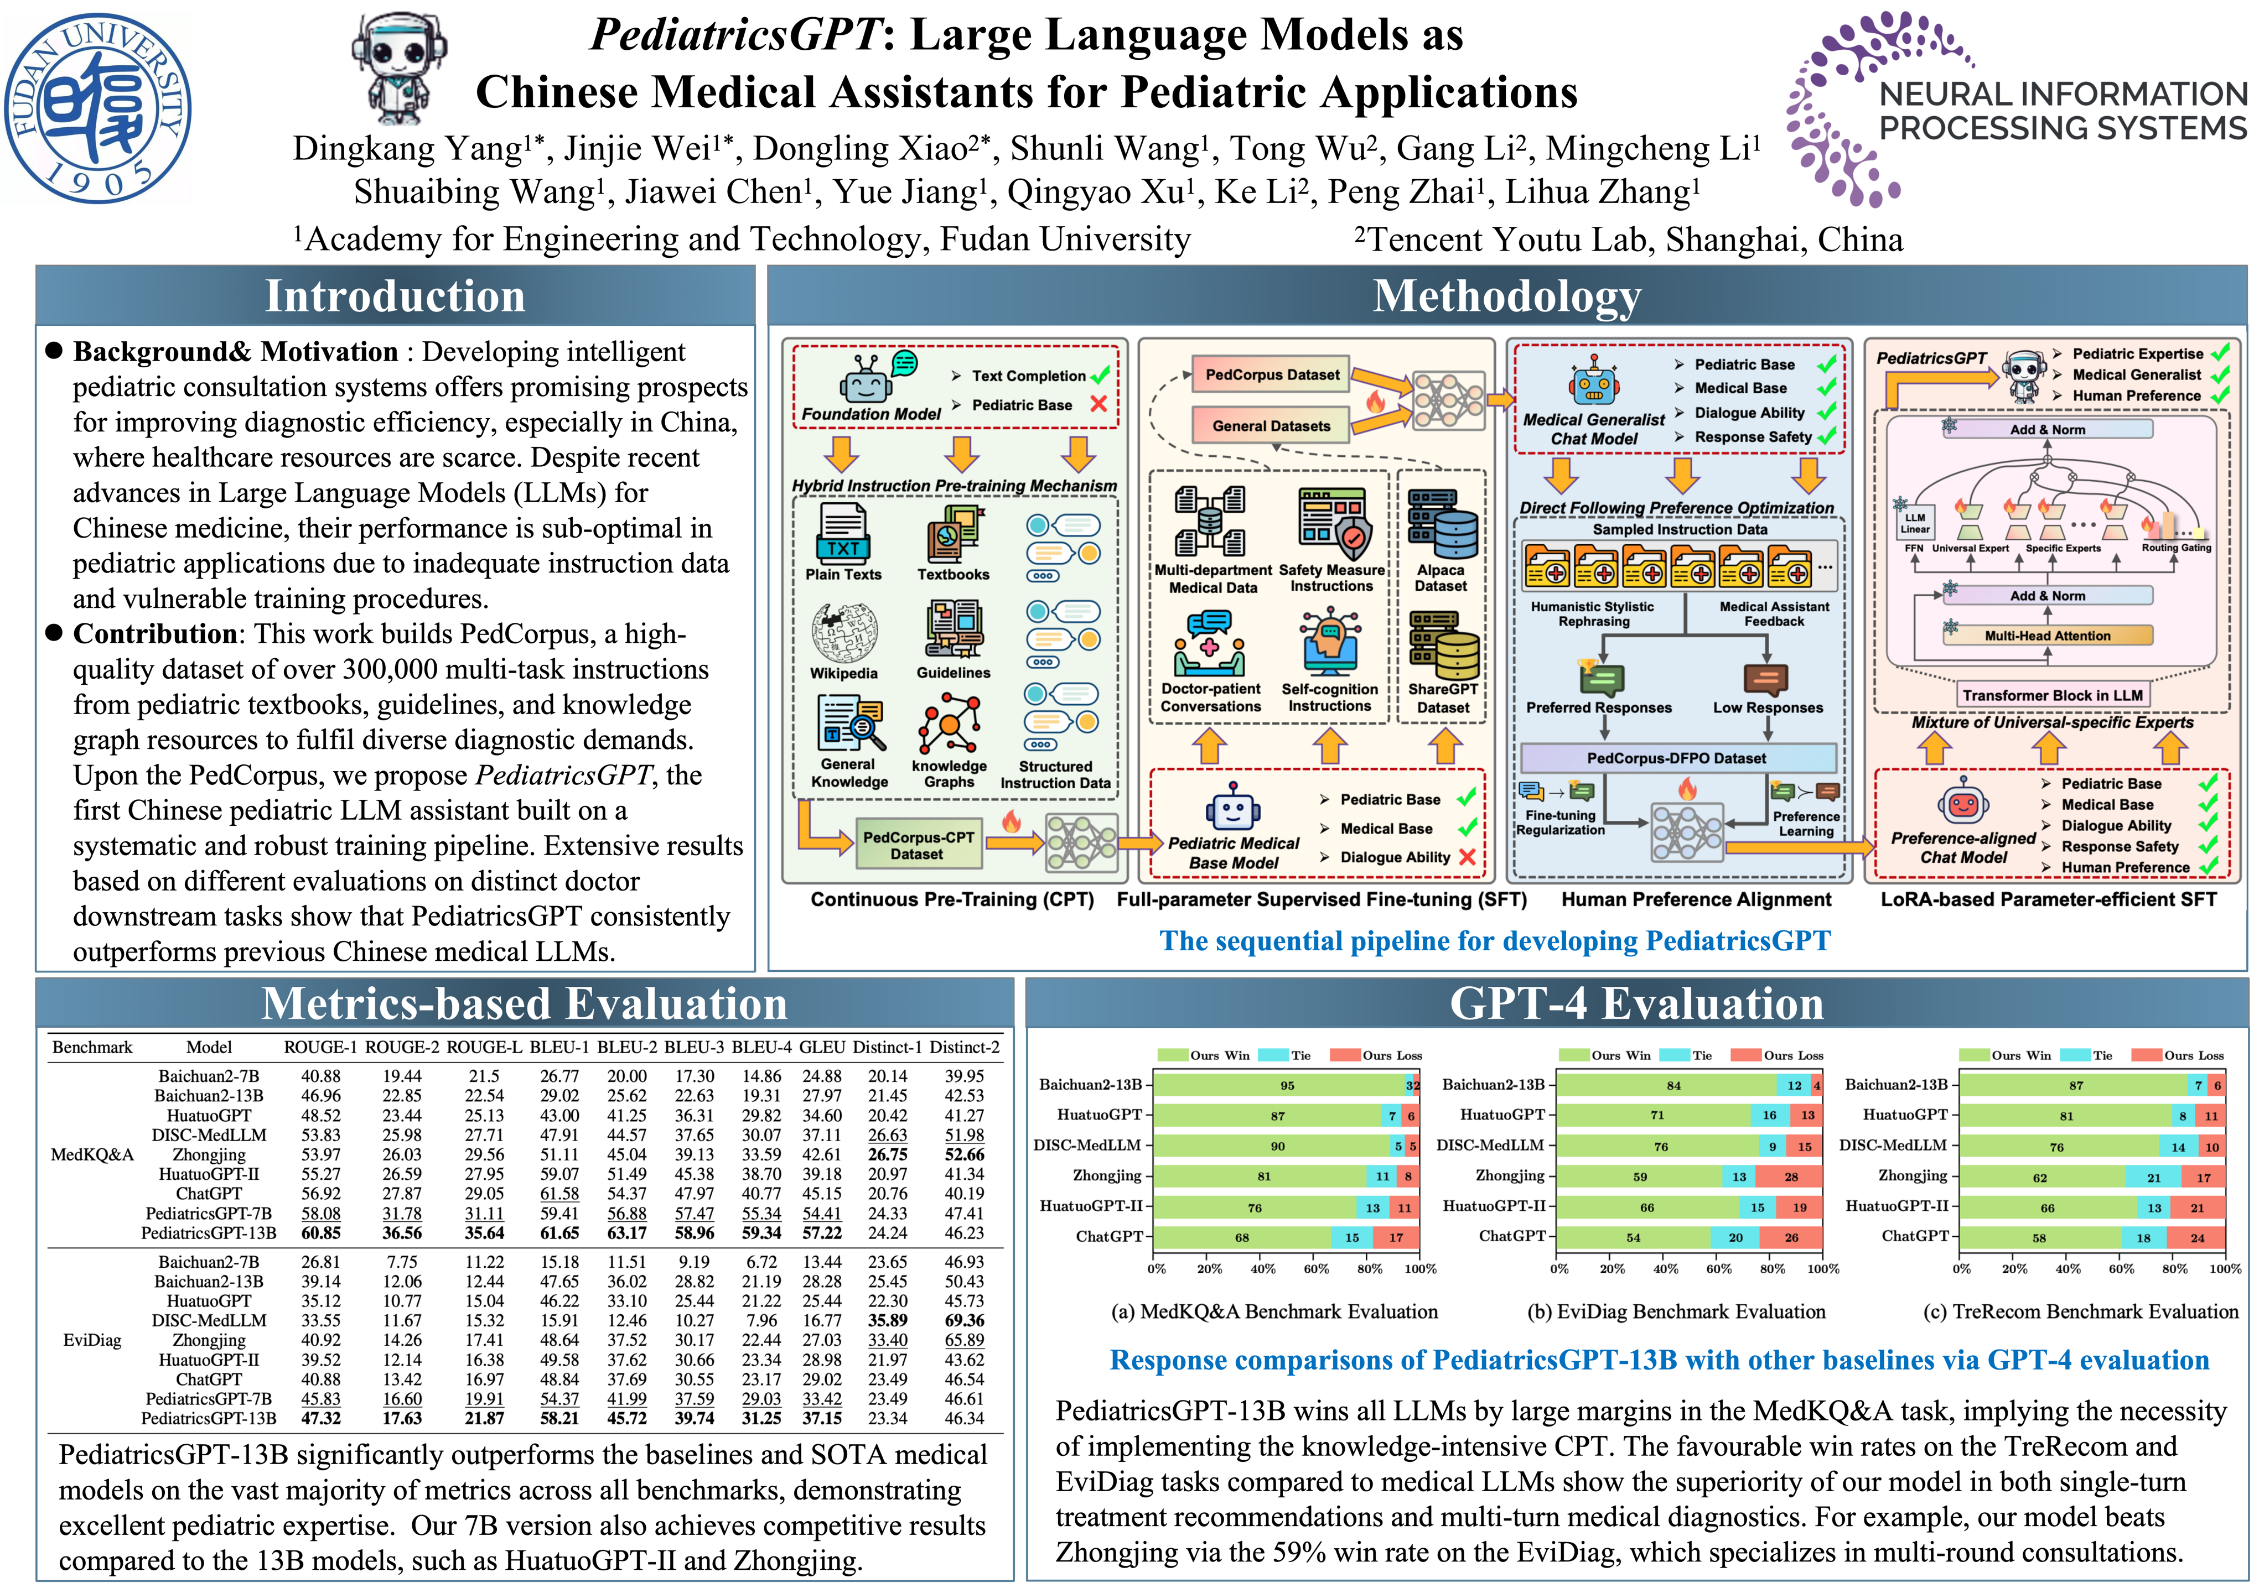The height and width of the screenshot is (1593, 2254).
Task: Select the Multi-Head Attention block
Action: [2047, 636]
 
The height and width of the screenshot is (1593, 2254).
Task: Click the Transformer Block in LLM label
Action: [2052, 695]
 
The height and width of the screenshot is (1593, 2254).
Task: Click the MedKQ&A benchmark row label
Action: [92, 1154]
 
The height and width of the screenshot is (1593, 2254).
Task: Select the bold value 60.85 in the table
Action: [321, 1233]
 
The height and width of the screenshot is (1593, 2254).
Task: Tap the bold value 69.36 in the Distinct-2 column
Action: [964, 1320]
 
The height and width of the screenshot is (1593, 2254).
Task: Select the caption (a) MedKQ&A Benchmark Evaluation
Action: [1274, 1311]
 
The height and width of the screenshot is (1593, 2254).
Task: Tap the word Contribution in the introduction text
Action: [154, 634]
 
